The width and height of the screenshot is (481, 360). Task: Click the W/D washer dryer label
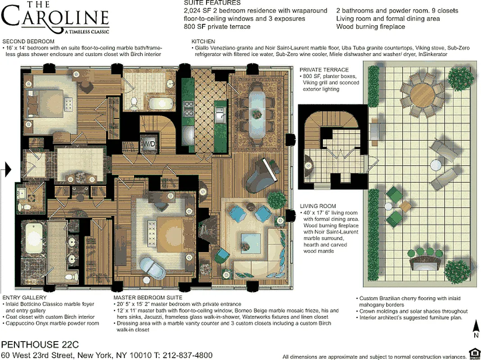pos(148,144)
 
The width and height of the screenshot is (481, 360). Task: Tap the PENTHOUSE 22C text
pos(40,345)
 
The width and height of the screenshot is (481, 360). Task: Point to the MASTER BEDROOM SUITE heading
pos(148,298)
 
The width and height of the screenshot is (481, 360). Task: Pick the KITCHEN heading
pos(200,41)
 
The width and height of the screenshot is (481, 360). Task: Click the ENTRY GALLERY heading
pos(24,298)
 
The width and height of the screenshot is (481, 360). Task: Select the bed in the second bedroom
pos(45,102)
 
